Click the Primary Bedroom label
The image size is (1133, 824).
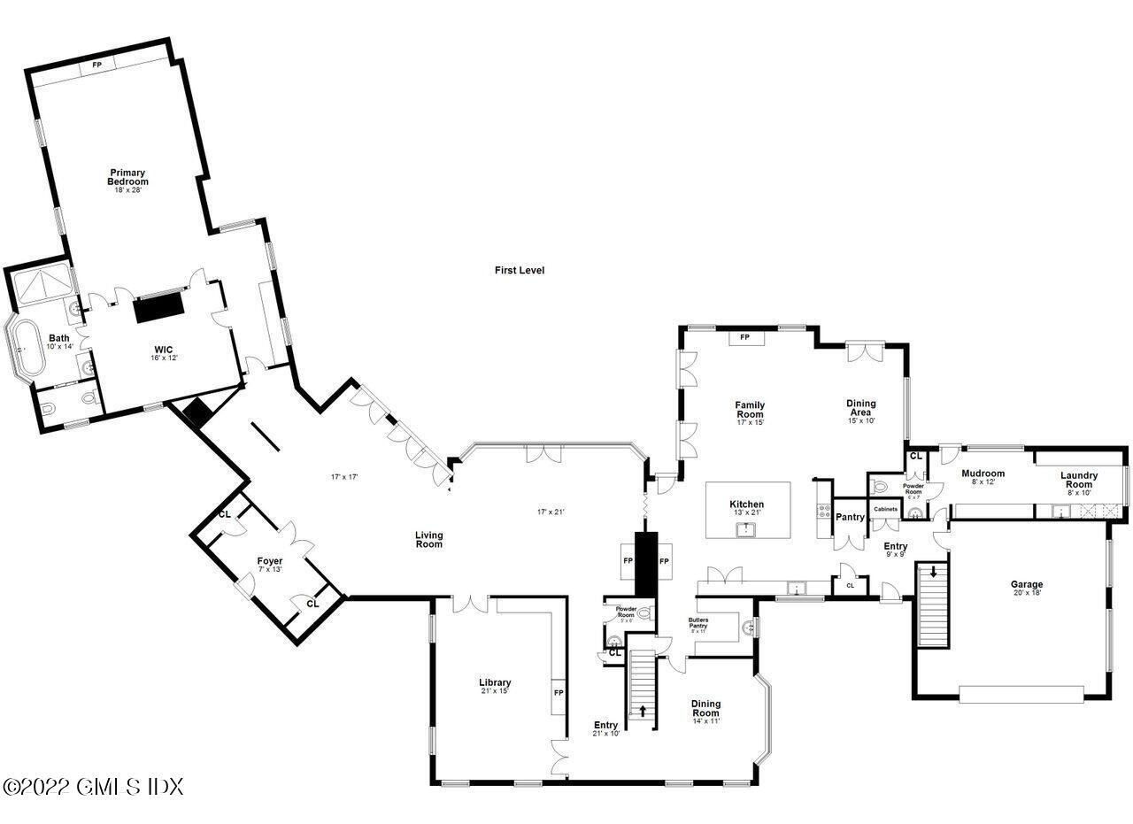(127, 177)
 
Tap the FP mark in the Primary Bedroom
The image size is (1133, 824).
(96, 65)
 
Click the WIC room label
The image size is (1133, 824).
(163, 350)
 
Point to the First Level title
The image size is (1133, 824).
(520, 270)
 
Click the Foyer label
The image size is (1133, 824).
(270, 561)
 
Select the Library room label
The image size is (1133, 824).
(495, 682)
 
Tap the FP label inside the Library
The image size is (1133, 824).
(558, 692)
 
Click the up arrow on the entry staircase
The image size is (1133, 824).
(643, 710)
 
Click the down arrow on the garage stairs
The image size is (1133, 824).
(932, 573)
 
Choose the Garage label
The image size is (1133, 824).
(1027, 584)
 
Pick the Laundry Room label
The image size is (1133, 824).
(1079, 480)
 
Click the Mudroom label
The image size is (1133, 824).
(983, 474)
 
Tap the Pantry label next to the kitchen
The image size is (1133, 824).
(850, 517)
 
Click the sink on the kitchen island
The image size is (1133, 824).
(747, 529)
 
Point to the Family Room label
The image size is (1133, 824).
(750, 410)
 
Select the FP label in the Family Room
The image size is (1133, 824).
(744, 337)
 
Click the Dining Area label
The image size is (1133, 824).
(860, 407)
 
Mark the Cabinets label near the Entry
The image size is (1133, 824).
(886, 509)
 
